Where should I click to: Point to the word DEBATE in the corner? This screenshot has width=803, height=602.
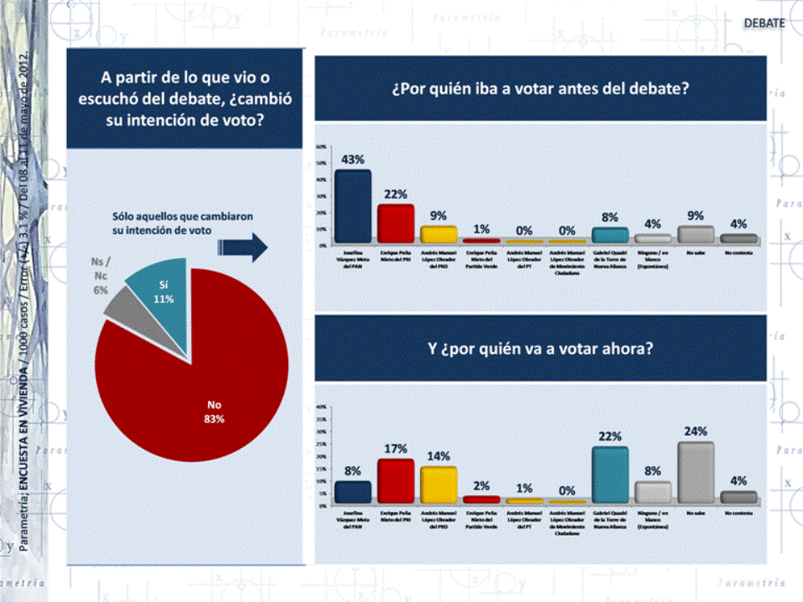coord(765,23)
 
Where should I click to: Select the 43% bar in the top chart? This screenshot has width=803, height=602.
coord(353,206)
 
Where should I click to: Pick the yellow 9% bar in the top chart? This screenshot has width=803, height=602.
coord(438,235)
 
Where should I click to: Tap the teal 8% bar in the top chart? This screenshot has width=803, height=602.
coord(609,235)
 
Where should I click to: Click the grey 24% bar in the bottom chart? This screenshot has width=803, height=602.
coord(695,473)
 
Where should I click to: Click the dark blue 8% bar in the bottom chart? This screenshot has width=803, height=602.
coord(353,492)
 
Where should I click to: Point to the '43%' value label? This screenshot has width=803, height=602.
coord(353,159)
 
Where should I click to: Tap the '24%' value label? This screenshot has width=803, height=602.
coord(695,432)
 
